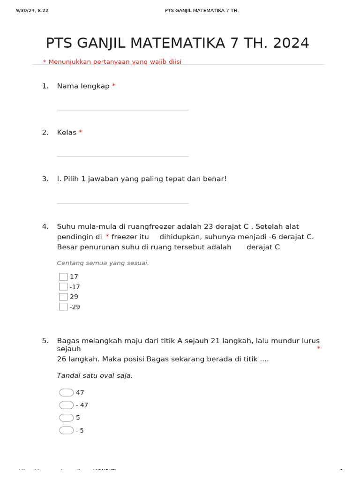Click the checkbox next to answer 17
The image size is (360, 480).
(x=63, y=277)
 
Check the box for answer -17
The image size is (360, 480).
(x=63, y=286)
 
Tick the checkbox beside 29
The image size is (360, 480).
(x=63, y=297)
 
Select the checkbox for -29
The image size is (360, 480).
(x=63, y=307)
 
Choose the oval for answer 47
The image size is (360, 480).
(x=67, y=392)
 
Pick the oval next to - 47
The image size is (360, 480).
(x=67, y=405)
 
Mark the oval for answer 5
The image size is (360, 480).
(x=67, y=418)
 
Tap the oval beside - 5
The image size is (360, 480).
(x=67, y=430)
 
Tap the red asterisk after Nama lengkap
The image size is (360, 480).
(x=113, y=86)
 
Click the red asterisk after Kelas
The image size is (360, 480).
(x=81, y=133)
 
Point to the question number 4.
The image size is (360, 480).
(x=45, y=226)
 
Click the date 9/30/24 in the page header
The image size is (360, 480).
(x=26, y=11)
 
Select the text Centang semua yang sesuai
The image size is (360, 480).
(x=103, y=263)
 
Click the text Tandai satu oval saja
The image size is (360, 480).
(x=95, y=375)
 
